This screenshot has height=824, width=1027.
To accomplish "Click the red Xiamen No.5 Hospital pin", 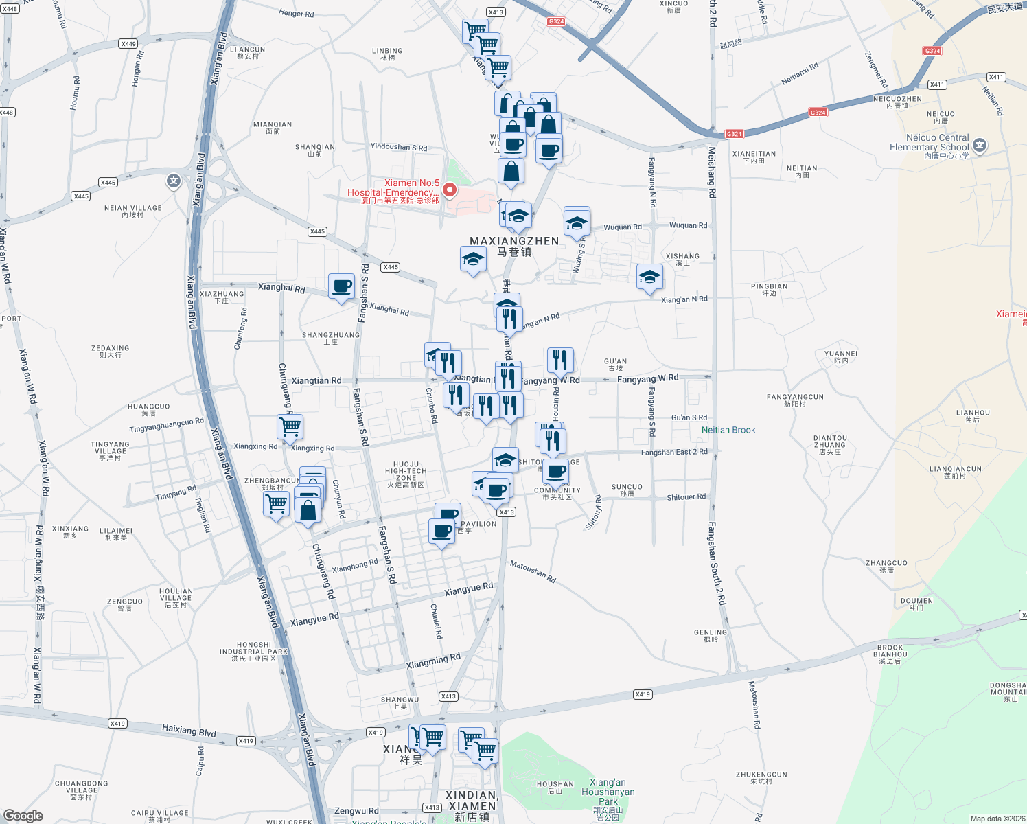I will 450,190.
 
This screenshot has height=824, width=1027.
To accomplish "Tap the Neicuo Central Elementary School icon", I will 980,145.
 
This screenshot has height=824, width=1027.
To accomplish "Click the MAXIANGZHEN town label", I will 514,246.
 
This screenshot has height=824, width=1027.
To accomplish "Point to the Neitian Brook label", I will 728,430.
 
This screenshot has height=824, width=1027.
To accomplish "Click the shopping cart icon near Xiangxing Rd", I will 290,426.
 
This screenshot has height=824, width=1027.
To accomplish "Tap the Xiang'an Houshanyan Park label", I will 608,792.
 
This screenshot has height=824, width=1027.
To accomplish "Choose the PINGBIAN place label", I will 769,289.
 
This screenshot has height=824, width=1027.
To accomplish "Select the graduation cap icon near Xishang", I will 649,277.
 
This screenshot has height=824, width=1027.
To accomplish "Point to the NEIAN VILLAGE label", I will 132,211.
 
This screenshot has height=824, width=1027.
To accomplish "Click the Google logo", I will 23,815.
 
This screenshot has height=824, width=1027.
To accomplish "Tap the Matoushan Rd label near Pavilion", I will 533,571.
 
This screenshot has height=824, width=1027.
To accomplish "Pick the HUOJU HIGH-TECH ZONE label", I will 406,474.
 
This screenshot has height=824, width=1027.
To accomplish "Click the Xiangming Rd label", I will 433,661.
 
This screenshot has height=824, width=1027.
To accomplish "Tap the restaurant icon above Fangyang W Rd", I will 560,359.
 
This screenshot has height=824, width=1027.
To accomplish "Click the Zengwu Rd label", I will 356,811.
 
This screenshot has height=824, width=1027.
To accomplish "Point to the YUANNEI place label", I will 840,356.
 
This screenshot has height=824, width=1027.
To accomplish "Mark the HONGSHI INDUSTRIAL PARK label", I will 253,652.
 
